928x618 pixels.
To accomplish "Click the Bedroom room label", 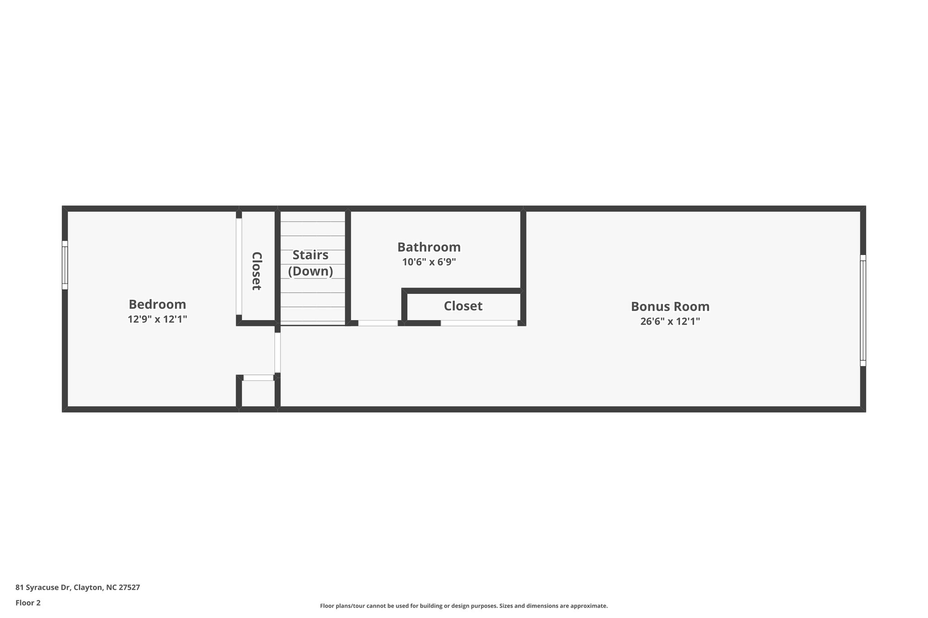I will coord(157,304).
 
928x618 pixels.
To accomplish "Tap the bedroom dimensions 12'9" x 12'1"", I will coord(157,319).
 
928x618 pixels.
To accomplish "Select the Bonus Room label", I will coord(670,307).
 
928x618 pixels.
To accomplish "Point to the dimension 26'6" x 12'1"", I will coord(670,321).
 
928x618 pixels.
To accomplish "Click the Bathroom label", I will coord(429,247).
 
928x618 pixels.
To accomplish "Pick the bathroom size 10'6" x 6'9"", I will coord(429,262).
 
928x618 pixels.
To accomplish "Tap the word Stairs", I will coord(310,255).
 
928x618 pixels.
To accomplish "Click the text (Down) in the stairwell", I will coord(310,271).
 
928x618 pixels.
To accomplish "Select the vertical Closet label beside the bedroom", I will coord(256,271).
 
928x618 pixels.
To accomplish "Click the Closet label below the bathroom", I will coord(463,306).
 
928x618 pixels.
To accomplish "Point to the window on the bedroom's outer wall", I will coord(65,265).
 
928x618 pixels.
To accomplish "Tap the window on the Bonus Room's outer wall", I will coord(863,310).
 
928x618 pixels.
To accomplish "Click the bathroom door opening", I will coord(378,323).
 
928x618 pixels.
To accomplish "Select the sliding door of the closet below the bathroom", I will coord(479,323).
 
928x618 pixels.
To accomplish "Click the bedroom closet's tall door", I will coord(239,266).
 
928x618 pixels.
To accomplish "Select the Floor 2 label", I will coord(28,603).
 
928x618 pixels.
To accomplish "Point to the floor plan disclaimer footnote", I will coord(464,606).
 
